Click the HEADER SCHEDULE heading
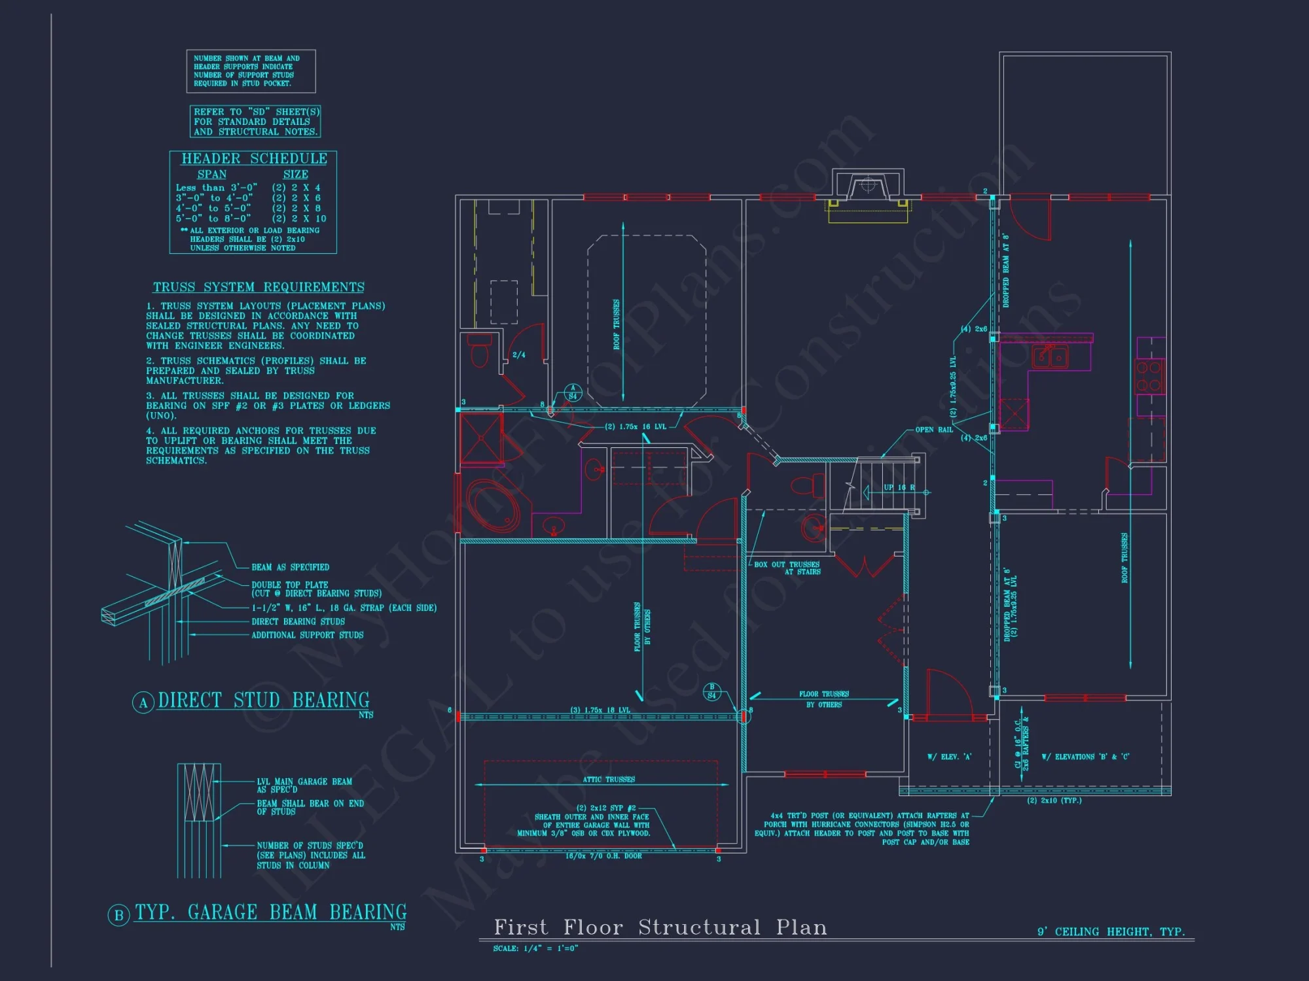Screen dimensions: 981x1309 254,159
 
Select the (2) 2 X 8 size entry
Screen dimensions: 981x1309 296,208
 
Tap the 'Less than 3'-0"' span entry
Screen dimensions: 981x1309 216,188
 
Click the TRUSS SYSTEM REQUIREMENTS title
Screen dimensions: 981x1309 259,287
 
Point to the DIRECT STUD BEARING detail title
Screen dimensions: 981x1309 263,700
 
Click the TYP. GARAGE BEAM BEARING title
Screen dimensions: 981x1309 270,912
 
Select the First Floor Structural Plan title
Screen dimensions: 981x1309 660,927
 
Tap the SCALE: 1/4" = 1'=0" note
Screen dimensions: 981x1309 535,948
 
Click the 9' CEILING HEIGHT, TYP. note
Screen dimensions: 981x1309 1111,931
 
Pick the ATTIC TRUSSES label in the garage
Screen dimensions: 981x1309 609,780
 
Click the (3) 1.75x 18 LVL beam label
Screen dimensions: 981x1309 600,710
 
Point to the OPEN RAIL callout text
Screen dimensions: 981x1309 934,430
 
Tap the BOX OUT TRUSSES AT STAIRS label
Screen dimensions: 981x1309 787,568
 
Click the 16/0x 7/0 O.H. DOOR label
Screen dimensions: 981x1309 603,856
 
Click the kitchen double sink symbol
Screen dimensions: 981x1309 1050,357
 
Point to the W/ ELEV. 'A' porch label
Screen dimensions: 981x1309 949,757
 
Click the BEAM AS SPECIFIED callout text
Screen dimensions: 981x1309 290,567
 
